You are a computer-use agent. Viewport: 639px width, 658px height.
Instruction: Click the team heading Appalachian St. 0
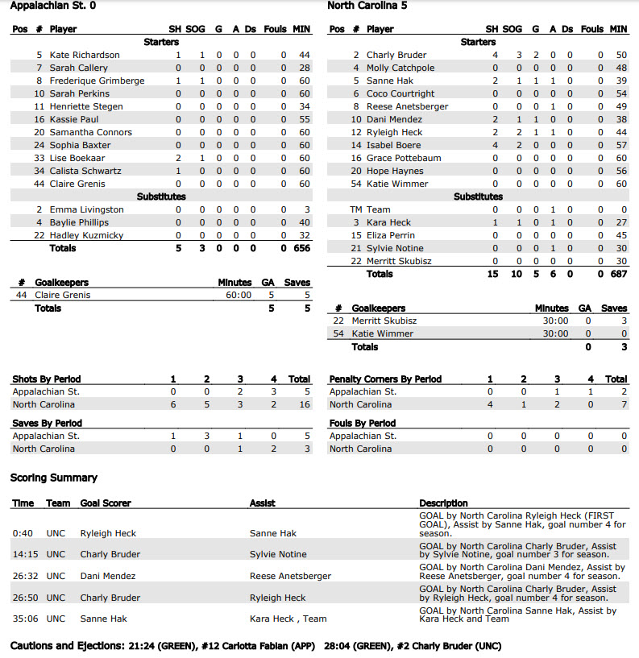tap(53, 6)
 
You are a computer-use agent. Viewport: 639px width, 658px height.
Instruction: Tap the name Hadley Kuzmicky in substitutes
tap(86, 235)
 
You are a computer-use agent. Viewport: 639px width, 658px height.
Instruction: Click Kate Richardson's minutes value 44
tap(304, 55)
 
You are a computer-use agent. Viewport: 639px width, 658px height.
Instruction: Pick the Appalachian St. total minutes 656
tap(301, 248)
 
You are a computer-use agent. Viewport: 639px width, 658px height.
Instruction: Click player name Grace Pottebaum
tap(404, 158)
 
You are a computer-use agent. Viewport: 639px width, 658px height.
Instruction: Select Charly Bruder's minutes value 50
tap(620, 55)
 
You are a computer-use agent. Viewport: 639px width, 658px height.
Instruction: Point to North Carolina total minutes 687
tap(618, 274)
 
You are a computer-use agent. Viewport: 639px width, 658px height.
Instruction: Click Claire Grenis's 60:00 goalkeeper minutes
tap(238, 295)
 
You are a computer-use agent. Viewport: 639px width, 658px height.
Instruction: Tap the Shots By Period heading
tap(47, 379)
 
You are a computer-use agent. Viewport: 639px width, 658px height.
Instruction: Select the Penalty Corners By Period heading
tap(385, 379)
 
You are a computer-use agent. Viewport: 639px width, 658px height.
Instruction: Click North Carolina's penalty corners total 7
tap(623, 404)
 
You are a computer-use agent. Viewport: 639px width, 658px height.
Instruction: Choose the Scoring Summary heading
tap(54, 478)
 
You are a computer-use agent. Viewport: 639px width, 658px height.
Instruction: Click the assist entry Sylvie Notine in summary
tap(278, 554)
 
